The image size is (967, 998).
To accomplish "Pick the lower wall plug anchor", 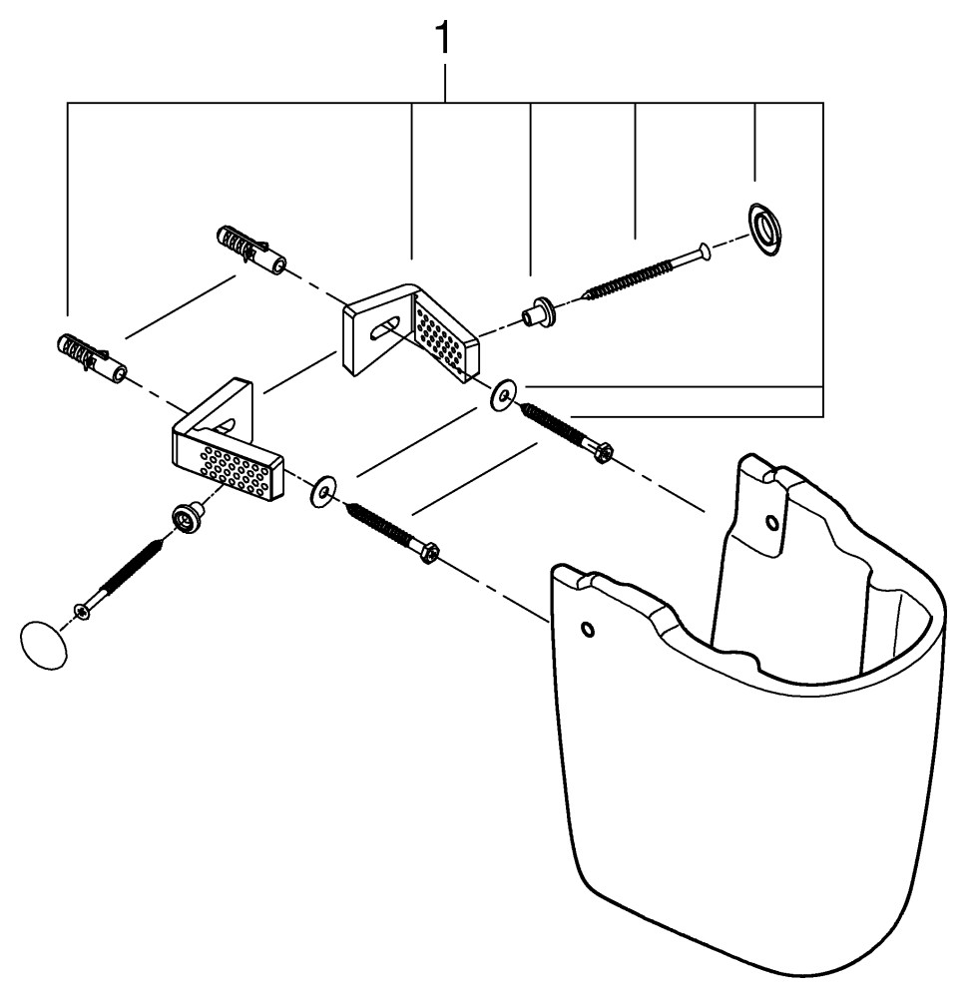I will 91,357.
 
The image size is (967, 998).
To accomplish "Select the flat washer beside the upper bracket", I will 502,396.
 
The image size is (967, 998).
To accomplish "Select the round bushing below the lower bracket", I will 185,516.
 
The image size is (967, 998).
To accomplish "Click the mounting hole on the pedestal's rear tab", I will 769,521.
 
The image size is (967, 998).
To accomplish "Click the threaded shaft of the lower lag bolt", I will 379,526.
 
